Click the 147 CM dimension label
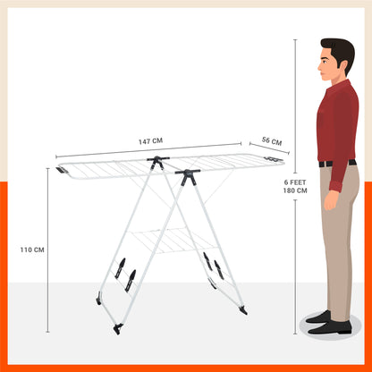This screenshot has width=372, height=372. [150, 140]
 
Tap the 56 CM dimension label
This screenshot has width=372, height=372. [272, 140]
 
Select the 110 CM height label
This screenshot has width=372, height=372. [32, 249]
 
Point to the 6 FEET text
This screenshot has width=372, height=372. [295, 182]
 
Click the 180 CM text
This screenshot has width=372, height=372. [295, 190]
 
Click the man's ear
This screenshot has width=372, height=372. [334, 63]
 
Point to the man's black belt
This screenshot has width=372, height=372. [337, 164]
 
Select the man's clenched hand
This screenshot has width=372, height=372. [331, 200]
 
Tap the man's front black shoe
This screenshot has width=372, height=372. [330, 327]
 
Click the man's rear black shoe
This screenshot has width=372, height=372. [318, 317]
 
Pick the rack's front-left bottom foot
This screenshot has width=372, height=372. [118, 328]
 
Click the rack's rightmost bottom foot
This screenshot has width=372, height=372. [243, 310]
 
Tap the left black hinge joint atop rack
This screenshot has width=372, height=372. [157, 161]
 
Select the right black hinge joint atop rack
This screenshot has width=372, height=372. [188, 176]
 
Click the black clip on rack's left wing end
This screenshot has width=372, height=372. [62, 171]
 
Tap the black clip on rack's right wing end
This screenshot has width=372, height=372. [273, 159]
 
